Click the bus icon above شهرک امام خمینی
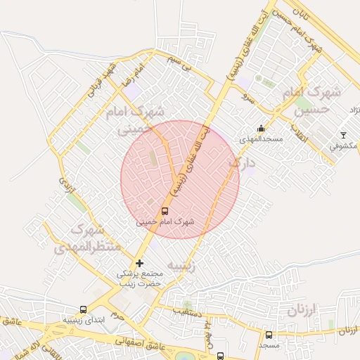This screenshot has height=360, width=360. click(x=165, y=210)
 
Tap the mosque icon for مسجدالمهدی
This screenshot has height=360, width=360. click(x=262, y=129)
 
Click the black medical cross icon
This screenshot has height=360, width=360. click(x=139, y=263)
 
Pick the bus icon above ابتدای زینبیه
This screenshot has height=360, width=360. click(x=84, y=309)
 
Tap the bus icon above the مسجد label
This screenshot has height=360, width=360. click(x=269, y=335)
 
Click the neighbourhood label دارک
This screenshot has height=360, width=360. click(x=242, y=163)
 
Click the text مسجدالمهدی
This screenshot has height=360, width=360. click(x=260, y=140)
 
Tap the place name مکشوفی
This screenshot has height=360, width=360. click(x=342, y=146)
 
